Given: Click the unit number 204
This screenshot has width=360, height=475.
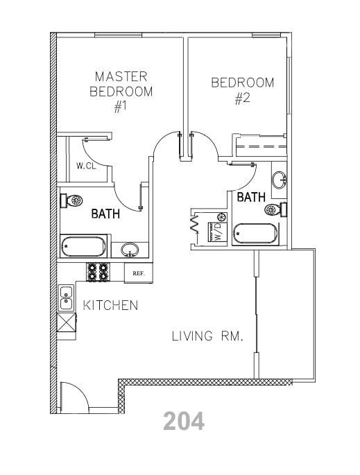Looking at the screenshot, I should coord(184,420).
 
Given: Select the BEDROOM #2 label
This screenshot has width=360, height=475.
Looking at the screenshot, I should coord(242,90).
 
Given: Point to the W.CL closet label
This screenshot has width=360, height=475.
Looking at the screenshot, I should coord(86,166).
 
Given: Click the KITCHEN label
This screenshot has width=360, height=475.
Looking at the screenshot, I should coord(110,305).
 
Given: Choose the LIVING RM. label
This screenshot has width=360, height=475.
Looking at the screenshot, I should coord(207,337).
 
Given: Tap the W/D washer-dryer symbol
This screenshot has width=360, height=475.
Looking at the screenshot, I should coord(216,230).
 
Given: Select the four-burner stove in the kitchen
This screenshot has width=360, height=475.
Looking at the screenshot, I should coord(97,272).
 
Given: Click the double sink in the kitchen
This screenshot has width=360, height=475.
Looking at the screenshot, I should coord(67,298).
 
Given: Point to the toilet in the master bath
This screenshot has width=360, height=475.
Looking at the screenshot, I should coord(72,200).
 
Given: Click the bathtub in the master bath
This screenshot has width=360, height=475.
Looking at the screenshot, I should coord(83,246).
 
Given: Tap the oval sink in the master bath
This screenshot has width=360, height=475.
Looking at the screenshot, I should coord(129,249).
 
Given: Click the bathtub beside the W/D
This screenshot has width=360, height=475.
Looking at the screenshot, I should coord(254,234).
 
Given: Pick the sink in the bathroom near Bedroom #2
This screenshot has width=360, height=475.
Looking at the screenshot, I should coord(279,180).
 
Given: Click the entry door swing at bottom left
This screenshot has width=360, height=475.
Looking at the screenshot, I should coord(75,396).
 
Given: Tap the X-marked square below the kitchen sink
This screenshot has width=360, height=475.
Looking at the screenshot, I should coord(67,324).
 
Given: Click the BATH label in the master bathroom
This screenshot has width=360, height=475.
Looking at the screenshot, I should coord(105,214).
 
